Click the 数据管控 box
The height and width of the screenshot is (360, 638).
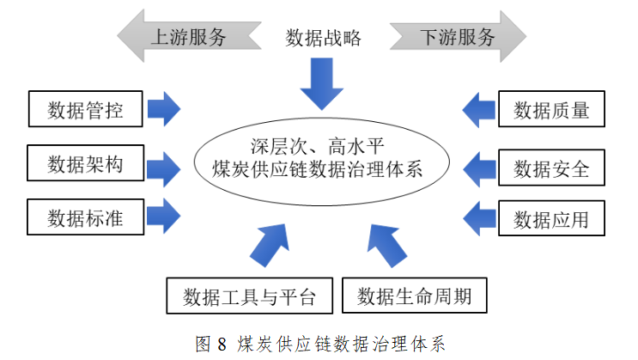pos(85,110)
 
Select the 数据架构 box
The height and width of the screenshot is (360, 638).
pos(85,164)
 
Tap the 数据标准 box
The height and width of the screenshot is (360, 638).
pos(85,217)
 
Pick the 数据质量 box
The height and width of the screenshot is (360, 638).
pos(551,110)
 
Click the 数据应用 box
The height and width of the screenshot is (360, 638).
pos(551,219)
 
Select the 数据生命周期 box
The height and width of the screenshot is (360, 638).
pos(415,296)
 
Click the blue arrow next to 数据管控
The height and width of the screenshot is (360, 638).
pos(164,109)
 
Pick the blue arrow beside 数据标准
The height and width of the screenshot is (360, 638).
pos(164,217)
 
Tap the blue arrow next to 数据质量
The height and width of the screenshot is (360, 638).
pos(479,109)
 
